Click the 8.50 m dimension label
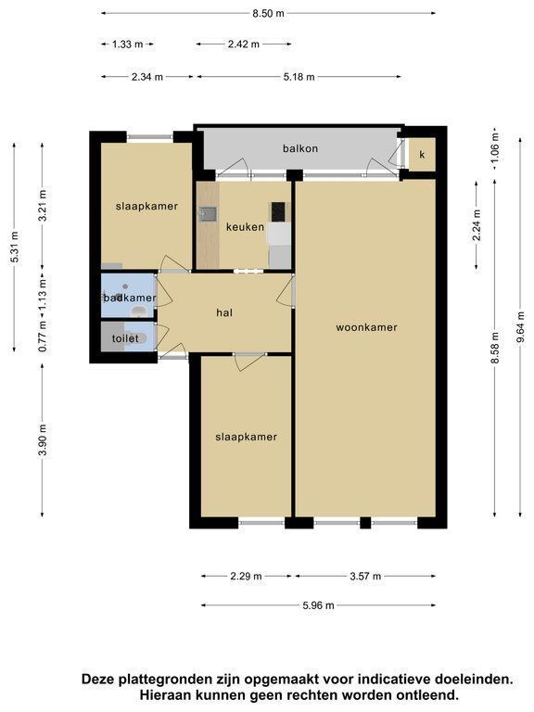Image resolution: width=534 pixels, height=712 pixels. point(268,13)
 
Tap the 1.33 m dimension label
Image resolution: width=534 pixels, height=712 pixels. point(128,44)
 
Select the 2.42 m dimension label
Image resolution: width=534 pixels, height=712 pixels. point(244,44)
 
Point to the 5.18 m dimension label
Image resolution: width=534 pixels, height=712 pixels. point(299,77)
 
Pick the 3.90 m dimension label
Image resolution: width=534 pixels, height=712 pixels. point(43,439)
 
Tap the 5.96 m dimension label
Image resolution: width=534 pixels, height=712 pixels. point(318,605)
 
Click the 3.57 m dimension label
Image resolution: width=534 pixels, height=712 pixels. point(365,577)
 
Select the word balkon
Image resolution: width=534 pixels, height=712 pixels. point(300,148)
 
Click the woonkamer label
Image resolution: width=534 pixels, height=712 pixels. point(366,327)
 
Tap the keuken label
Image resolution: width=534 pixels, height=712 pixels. point(245,226)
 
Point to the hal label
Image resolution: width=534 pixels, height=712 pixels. point(224,312)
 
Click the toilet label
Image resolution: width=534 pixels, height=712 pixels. point(125,338)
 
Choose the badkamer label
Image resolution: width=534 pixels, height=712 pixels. point(130,298)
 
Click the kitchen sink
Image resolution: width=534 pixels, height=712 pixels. point(208,213)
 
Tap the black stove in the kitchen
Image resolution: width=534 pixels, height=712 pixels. point(278,211)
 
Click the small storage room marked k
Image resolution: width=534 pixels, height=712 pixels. point(423,155)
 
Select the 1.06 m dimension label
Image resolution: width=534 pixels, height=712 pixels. point(495,147)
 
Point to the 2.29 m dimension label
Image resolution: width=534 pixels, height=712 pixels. point(246,577)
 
